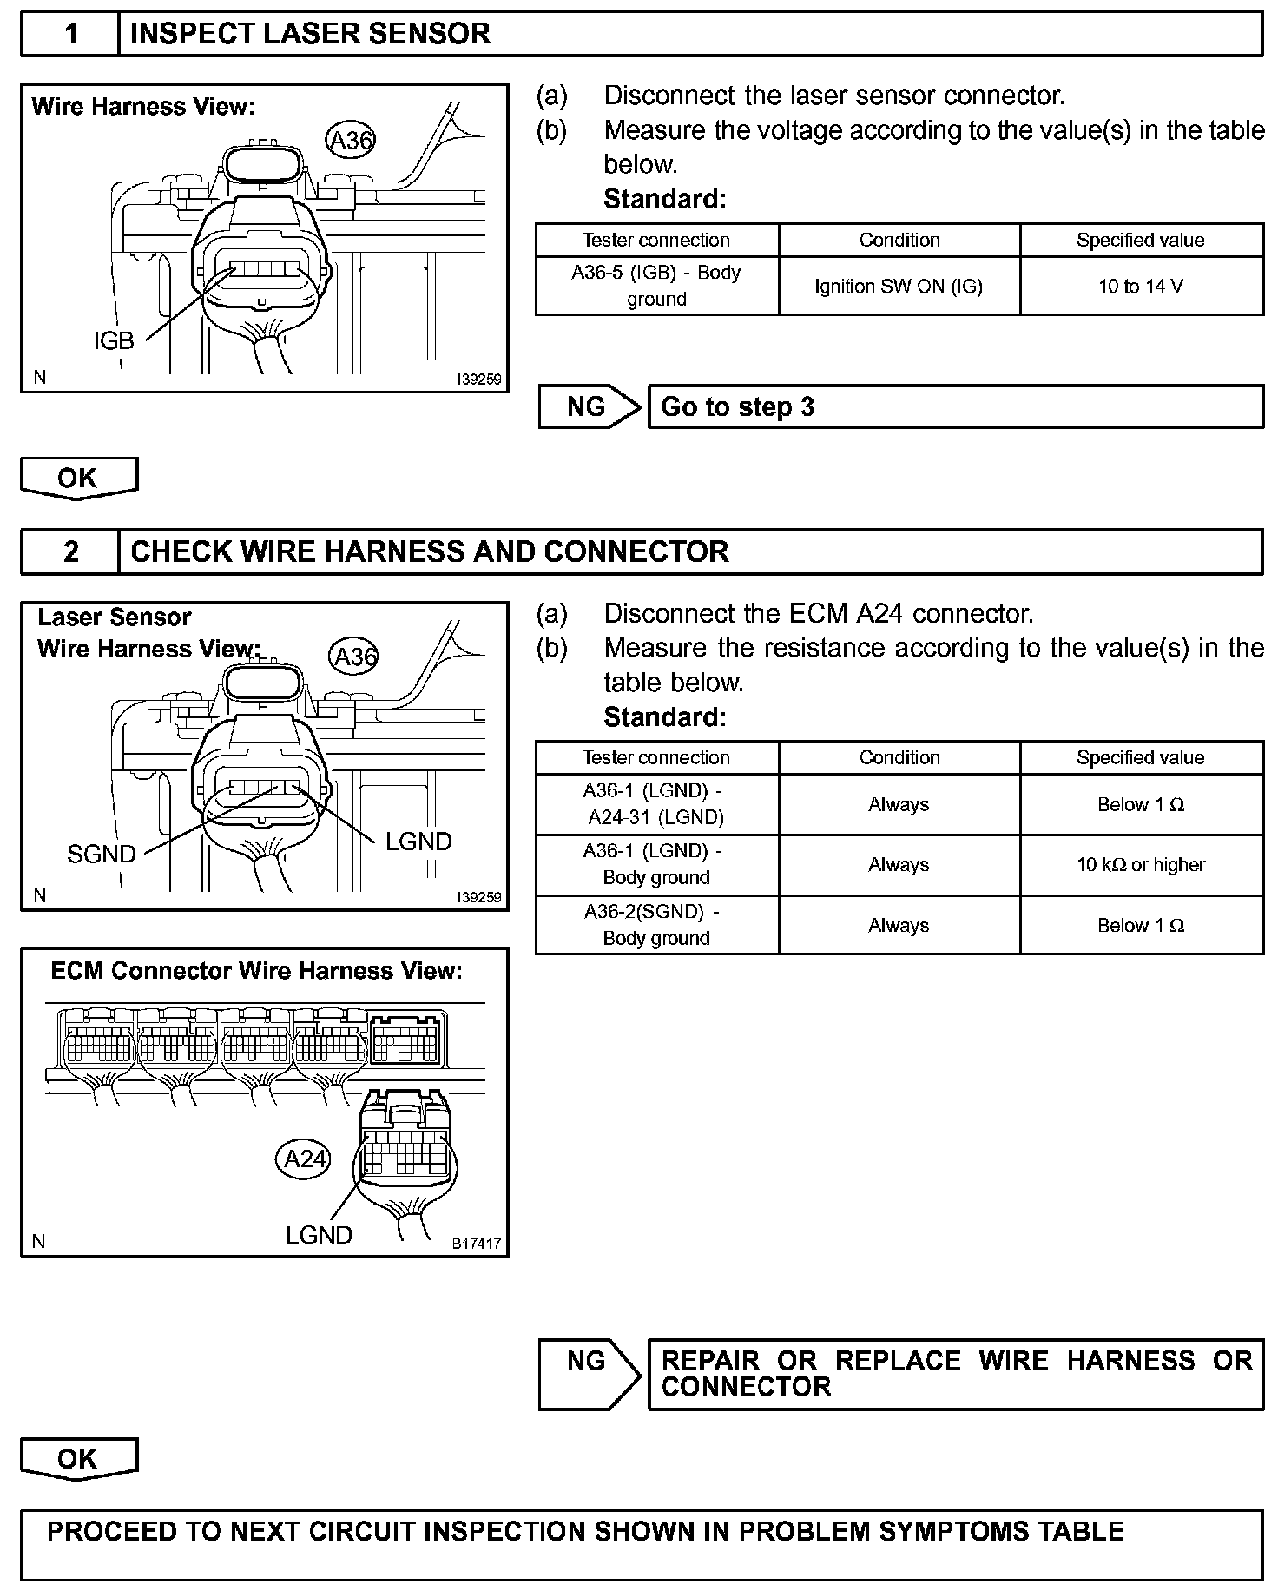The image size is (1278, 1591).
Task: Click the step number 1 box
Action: tap(70, 35)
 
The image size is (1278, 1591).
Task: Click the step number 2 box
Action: tap(70, 552)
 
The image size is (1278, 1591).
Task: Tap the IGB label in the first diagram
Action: tap(114, 341)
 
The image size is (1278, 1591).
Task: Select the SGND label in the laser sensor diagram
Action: tap(102, 855)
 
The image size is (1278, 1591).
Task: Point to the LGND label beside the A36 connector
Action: tap(418, 842)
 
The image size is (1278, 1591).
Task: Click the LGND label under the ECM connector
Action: tap(319, 1235)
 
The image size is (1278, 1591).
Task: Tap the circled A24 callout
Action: tap(305, 1159)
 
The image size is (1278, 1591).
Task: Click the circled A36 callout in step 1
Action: tap(351, 140)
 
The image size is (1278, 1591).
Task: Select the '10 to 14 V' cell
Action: tap(1141, 287)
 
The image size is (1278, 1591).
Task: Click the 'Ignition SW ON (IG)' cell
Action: tap(899, 287)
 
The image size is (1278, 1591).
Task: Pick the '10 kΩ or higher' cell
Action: tap(1141, 865)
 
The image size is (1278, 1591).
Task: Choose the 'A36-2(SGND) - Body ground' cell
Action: tap(656, 925)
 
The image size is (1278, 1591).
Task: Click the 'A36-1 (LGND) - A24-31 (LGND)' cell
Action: tap(656, 804)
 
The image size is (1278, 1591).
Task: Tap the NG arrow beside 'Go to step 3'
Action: tap(589, 406)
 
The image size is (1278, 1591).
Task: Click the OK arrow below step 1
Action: tap(78, 479)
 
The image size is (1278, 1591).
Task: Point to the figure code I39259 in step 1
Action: tap(479, 380)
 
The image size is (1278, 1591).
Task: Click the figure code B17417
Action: tap(477, 1244)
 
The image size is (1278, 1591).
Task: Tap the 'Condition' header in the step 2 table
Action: tap(899, 757)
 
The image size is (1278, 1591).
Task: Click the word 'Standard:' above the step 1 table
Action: tap(664, 199)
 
